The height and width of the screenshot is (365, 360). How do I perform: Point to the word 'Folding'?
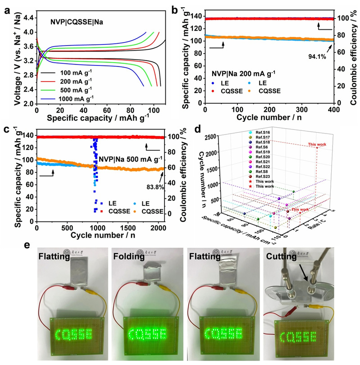click(128, 258)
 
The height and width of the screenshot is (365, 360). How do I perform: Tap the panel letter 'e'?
click(28, 246)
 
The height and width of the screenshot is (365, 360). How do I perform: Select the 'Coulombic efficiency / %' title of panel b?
click(354, 55)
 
